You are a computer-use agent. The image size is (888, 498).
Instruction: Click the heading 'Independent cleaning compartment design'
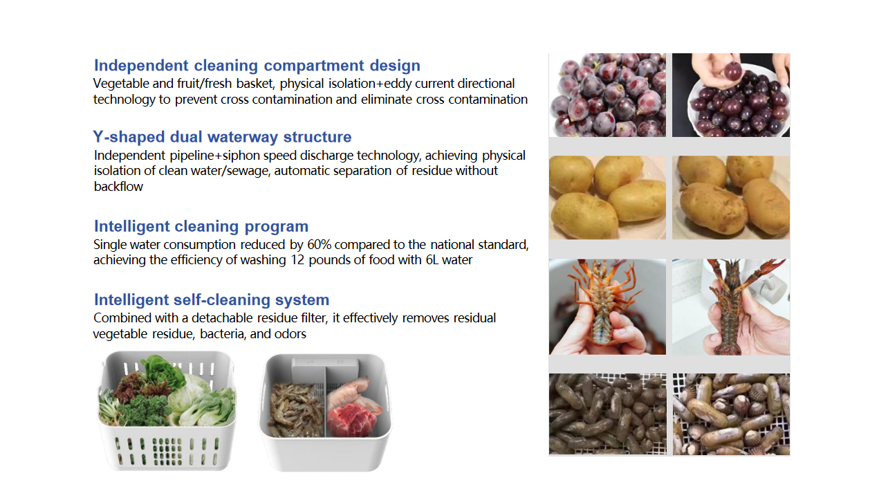tap(257, 66)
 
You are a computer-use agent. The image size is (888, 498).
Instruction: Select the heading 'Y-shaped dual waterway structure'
tap(223, 137)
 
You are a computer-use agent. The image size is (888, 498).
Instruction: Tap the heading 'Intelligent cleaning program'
tap(201, 226)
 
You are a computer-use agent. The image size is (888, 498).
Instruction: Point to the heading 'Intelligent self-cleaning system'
tap(212, 299)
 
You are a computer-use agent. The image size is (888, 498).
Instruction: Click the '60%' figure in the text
tap(319, 245)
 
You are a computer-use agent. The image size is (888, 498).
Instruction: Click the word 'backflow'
tap(118, 187)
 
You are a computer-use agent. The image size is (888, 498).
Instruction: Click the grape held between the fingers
tap(732, 71)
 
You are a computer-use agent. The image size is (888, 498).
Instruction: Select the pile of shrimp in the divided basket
tap(295, 410)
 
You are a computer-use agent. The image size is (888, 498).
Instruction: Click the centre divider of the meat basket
tap(326, 401)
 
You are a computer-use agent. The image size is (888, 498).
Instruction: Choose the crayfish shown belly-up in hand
tap(603, 302)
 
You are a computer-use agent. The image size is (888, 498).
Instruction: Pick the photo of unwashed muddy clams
tap(608, 414)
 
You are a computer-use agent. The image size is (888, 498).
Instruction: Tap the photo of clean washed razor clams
tap(731, 414)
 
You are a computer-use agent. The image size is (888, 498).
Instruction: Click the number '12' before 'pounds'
tap(297, 260)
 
